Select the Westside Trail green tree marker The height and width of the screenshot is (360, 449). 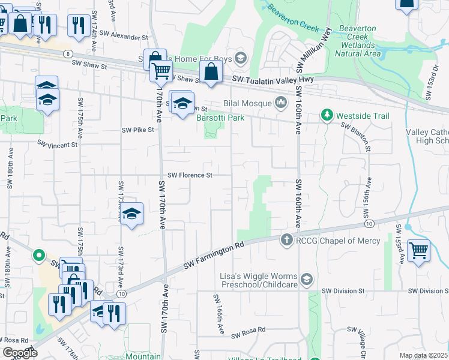click(327, 114)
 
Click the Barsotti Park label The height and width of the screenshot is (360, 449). click(220, 118)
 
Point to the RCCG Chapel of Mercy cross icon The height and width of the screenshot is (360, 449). click(286, 239)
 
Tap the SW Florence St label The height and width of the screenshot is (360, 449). click(190, 175)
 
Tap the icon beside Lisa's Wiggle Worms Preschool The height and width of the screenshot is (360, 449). click(307, 279)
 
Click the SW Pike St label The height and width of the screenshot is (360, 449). click(138, 129)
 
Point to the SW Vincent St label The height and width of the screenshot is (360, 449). click(58, 144)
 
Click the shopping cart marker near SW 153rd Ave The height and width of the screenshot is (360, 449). click(418, 250)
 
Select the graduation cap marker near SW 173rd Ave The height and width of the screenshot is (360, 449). click(131, 214)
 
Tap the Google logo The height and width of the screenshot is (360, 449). click(20, 352)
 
